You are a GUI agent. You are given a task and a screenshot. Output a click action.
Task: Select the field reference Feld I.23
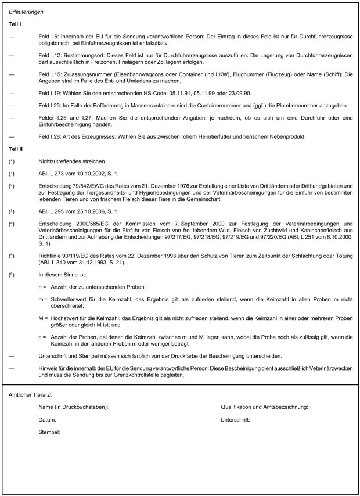pos(51,106)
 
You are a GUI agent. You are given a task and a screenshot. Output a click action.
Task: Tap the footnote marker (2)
pos(12,186)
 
